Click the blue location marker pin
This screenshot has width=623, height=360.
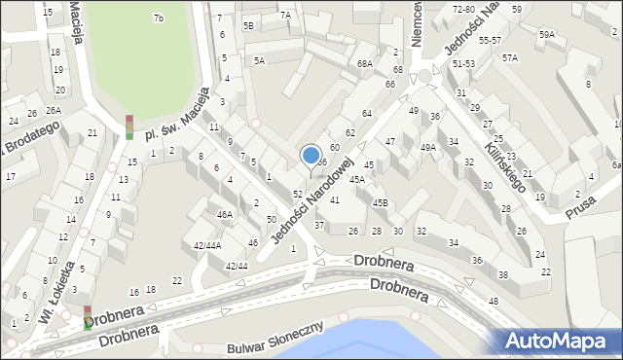point(311,156)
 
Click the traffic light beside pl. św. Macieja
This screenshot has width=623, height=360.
point(128,126)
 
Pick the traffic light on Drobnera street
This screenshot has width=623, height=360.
point(88,317)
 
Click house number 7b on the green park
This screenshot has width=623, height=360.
point(158,18)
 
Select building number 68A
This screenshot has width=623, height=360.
point(365,63)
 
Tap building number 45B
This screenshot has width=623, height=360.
point(380,202)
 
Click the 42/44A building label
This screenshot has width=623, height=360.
point(206,246)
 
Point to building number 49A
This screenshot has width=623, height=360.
point(427,147)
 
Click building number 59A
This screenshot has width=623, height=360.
point(549,34)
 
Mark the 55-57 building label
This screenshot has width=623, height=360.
point(490,41)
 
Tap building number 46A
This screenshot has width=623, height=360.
point(225,214)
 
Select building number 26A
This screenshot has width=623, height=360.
point(53,110)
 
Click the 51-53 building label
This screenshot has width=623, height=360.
point(463,62)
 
